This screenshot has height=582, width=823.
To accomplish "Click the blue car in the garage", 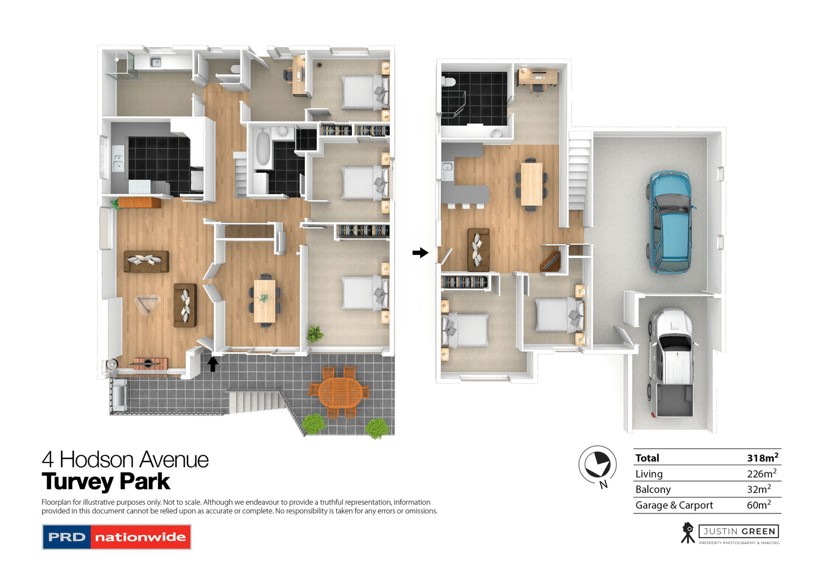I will click(670, 222).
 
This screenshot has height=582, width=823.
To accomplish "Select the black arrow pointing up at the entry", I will click(213, 364).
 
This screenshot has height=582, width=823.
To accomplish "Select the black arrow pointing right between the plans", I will click(420, 253).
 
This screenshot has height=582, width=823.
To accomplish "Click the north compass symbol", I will click(597, 465).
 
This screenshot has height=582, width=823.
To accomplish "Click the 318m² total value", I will click(762, 457).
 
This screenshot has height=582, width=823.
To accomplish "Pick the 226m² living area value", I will click(761, 473).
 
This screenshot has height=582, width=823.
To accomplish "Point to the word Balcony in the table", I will click(653, 489).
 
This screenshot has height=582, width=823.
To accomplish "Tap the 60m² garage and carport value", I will click(758, 505).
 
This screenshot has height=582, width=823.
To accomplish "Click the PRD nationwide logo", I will click(116, 537).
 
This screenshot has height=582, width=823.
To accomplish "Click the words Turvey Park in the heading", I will click(106, 482).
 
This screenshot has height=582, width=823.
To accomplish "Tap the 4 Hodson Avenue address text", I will click(125, 459).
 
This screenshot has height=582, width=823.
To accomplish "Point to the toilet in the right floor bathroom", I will click(449, 82).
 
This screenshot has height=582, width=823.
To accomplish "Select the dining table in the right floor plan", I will click(531, 184).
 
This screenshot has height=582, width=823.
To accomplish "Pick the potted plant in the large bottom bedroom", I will click(315, 333).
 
